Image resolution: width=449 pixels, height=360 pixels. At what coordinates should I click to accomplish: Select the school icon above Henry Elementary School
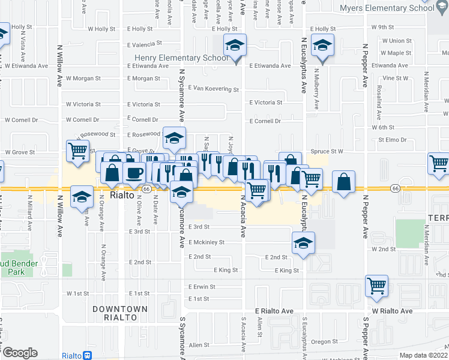(235, 44)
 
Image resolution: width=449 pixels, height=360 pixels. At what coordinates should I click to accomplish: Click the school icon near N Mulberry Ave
(323, 46)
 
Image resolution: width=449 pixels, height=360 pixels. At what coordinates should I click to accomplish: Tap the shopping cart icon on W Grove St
(78, 152)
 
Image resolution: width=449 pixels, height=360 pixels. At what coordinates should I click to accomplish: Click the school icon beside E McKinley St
(303, 244)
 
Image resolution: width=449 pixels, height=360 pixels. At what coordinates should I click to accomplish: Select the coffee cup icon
(134, 173)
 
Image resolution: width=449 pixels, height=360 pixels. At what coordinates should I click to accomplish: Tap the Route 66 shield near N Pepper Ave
(394, 188)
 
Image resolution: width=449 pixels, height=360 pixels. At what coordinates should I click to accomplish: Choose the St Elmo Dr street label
(392, 140)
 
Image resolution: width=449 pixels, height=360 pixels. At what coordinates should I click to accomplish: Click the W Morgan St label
(83, 78)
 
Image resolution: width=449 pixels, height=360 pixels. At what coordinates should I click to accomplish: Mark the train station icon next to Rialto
(88, 355)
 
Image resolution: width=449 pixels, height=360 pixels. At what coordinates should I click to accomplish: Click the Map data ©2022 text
(423, 355)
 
